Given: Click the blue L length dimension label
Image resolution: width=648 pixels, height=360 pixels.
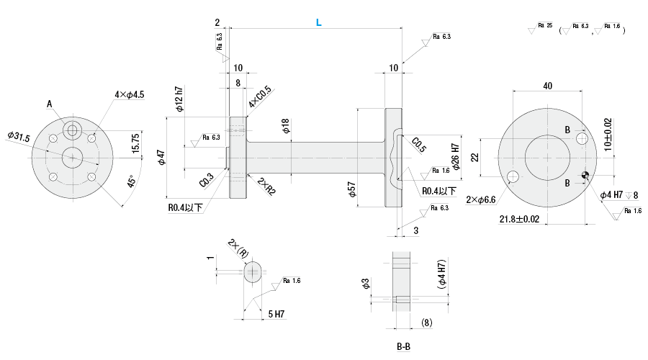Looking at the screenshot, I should point(318,22).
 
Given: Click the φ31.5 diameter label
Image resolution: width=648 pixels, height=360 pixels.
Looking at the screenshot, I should point(17,135).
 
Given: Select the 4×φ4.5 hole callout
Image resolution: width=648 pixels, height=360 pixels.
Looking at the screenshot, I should point(130,94).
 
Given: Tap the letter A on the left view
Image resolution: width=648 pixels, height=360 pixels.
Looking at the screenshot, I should point(50,104).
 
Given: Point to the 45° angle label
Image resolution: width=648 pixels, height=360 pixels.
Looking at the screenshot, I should point(131,181).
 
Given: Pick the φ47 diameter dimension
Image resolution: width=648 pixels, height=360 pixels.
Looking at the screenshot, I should point(162,156).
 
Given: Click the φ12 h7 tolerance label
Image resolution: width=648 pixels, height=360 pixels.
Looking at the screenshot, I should point(179,99).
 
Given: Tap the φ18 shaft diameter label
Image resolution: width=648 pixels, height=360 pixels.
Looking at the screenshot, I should point(286,127).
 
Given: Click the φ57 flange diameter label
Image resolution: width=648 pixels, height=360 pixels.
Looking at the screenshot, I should point(351,189).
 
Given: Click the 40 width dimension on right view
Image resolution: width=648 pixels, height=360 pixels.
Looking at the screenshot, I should point(548,86).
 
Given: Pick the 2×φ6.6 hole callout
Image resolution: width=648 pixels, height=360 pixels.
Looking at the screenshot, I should point(480,199).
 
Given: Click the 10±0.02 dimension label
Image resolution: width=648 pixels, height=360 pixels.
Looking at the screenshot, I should point(608,133).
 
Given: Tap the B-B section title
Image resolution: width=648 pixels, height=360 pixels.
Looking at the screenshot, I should point(403,346).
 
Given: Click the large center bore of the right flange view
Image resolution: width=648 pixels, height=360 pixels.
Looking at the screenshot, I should point(548,156).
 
